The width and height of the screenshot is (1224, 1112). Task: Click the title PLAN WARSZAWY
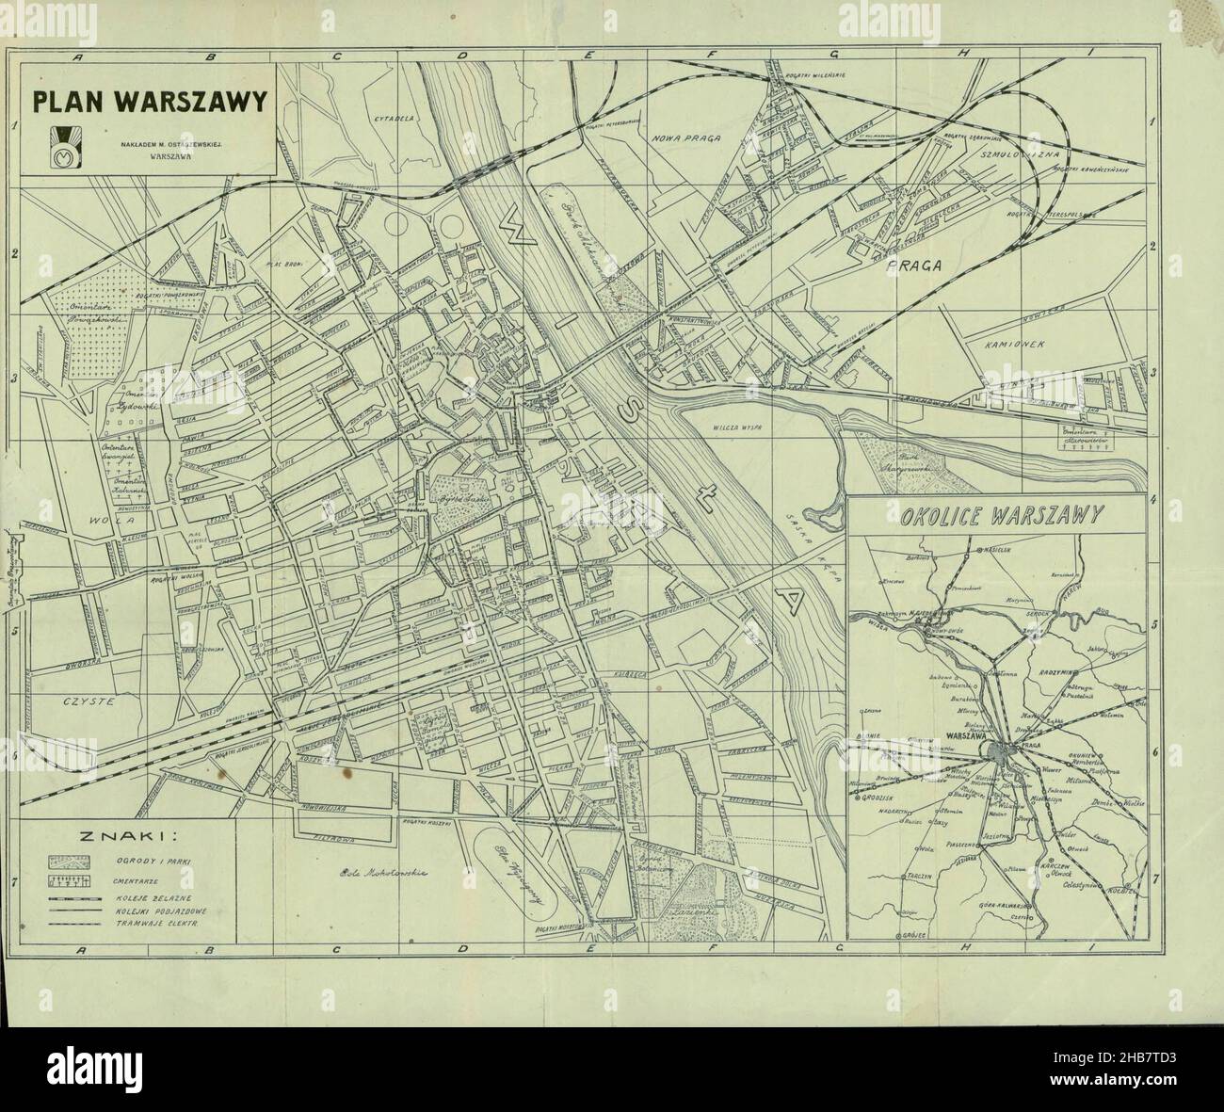(151, 101)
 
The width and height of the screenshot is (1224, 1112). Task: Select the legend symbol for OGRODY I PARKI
(72, 862)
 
